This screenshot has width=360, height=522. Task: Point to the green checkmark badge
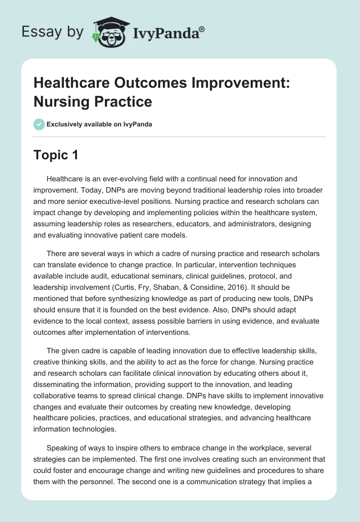(x=39, y=124)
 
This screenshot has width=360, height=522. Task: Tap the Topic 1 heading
(x=56, y=155)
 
